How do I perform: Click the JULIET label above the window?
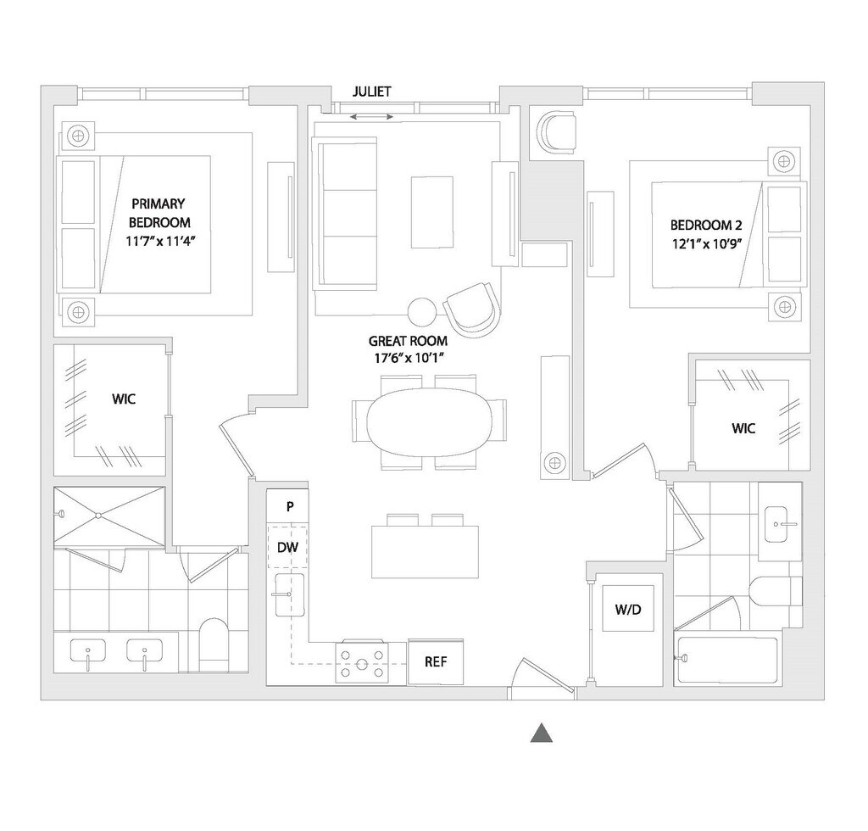click(x=372, y=92)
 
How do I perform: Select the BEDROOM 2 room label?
click(x=706, y=226)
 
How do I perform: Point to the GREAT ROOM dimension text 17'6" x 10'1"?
click(x=408, y=358)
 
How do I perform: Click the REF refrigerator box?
click(x=436, y=662)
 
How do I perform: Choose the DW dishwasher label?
click(x=288, y=548)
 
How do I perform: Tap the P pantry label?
click(x=290, y=506)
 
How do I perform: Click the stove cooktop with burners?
click(x=363, y=662)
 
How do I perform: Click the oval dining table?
click(x=429, y=421)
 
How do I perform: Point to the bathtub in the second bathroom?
click(x=726, y=660)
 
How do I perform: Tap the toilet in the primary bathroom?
click(x=213, y=645)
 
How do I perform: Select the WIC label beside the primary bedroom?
click(x=124, y=399)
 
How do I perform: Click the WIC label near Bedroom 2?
click(x=743, y=428)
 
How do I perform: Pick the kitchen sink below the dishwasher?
click(x=290, y=595)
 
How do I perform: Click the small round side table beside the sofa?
click(x=422, y=311)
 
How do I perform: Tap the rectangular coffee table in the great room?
click(x=431, y=212)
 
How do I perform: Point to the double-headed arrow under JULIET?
click(x=372, y=117)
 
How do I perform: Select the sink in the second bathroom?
click(x=780, y=524)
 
